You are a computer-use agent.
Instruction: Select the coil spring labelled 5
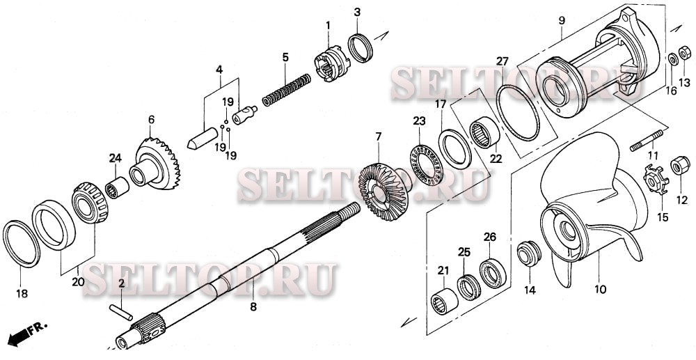[287, 90]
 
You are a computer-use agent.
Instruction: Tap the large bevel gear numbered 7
[383, 191]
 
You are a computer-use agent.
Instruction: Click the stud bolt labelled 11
[647, 141]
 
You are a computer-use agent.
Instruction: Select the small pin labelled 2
[120, 312]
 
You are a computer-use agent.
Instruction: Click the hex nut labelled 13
[685, 53]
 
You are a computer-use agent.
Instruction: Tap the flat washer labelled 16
[672, 59]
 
